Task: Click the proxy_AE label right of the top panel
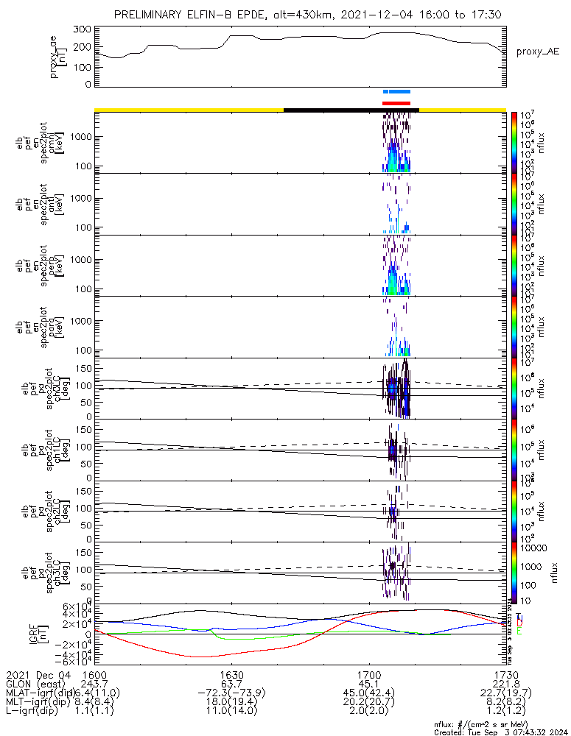538,52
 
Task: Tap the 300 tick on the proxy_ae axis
83,29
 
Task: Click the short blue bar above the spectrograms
396,92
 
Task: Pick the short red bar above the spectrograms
396,103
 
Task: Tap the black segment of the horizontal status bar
351,110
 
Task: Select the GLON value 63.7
232,684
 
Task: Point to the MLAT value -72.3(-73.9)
232,693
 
